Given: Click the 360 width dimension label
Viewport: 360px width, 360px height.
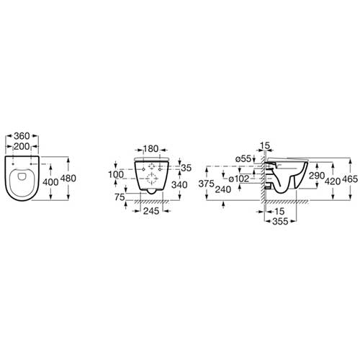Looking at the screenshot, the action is click(x=22, y=136).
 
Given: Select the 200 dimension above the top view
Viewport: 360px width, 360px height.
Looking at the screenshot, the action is click(x=22, y=146).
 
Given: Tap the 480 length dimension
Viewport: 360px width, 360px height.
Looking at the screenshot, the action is click(x=68, y=179).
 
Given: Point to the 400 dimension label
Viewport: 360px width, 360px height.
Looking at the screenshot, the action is click(x=50, y=182).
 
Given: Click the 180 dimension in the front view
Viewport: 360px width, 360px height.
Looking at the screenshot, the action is click(x=151, y=149).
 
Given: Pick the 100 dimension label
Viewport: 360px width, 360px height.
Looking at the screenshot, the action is click(x=116, y=174).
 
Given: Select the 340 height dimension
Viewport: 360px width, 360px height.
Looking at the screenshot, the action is click(x=179, y=185).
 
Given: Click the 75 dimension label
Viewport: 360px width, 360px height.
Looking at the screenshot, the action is click(x=120, y=197).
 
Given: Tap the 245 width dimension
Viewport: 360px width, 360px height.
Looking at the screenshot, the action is click(x=151, y=211).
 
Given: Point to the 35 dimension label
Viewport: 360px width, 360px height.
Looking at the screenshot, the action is click(x=186, y=168).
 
